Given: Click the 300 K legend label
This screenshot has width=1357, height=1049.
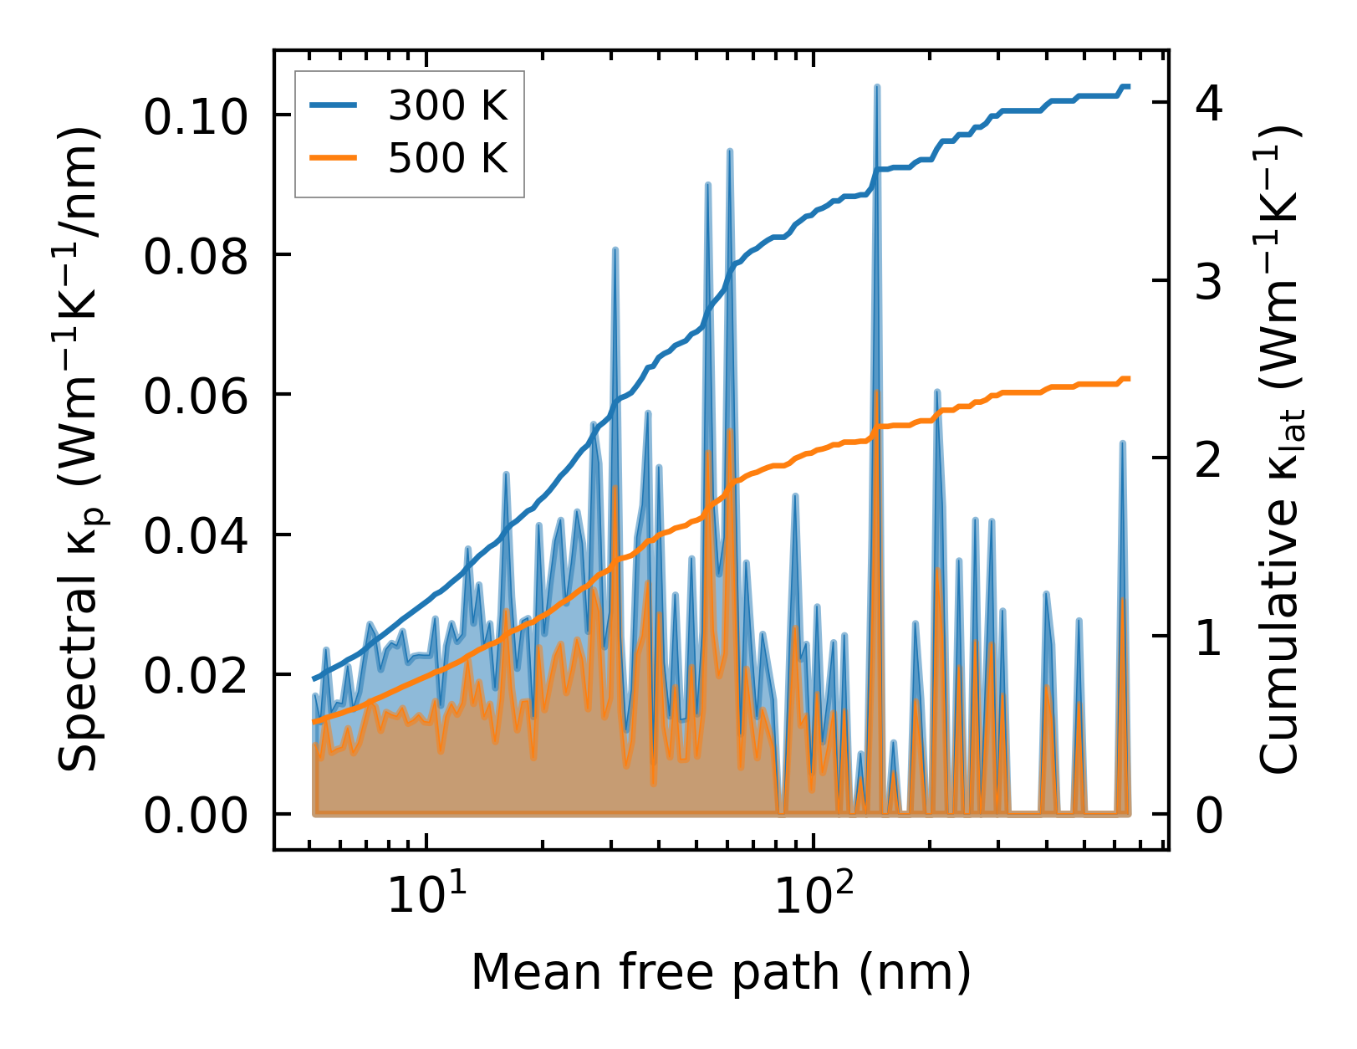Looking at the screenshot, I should coord(447,106).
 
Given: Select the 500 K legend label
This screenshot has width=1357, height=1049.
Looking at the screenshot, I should coord(447,157).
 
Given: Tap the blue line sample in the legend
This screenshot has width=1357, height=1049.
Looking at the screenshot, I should coord(334,106).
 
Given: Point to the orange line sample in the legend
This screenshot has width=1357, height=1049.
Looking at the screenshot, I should coord(334,157).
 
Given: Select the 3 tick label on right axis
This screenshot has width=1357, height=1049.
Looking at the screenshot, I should coord(1209,282).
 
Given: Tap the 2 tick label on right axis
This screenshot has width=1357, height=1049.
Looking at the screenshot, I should coord(1209,459).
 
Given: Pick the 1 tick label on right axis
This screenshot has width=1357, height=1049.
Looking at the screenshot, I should coord(1209,637).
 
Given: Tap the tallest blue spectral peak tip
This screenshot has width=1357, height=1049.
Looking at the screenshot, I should coord(876,86).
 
